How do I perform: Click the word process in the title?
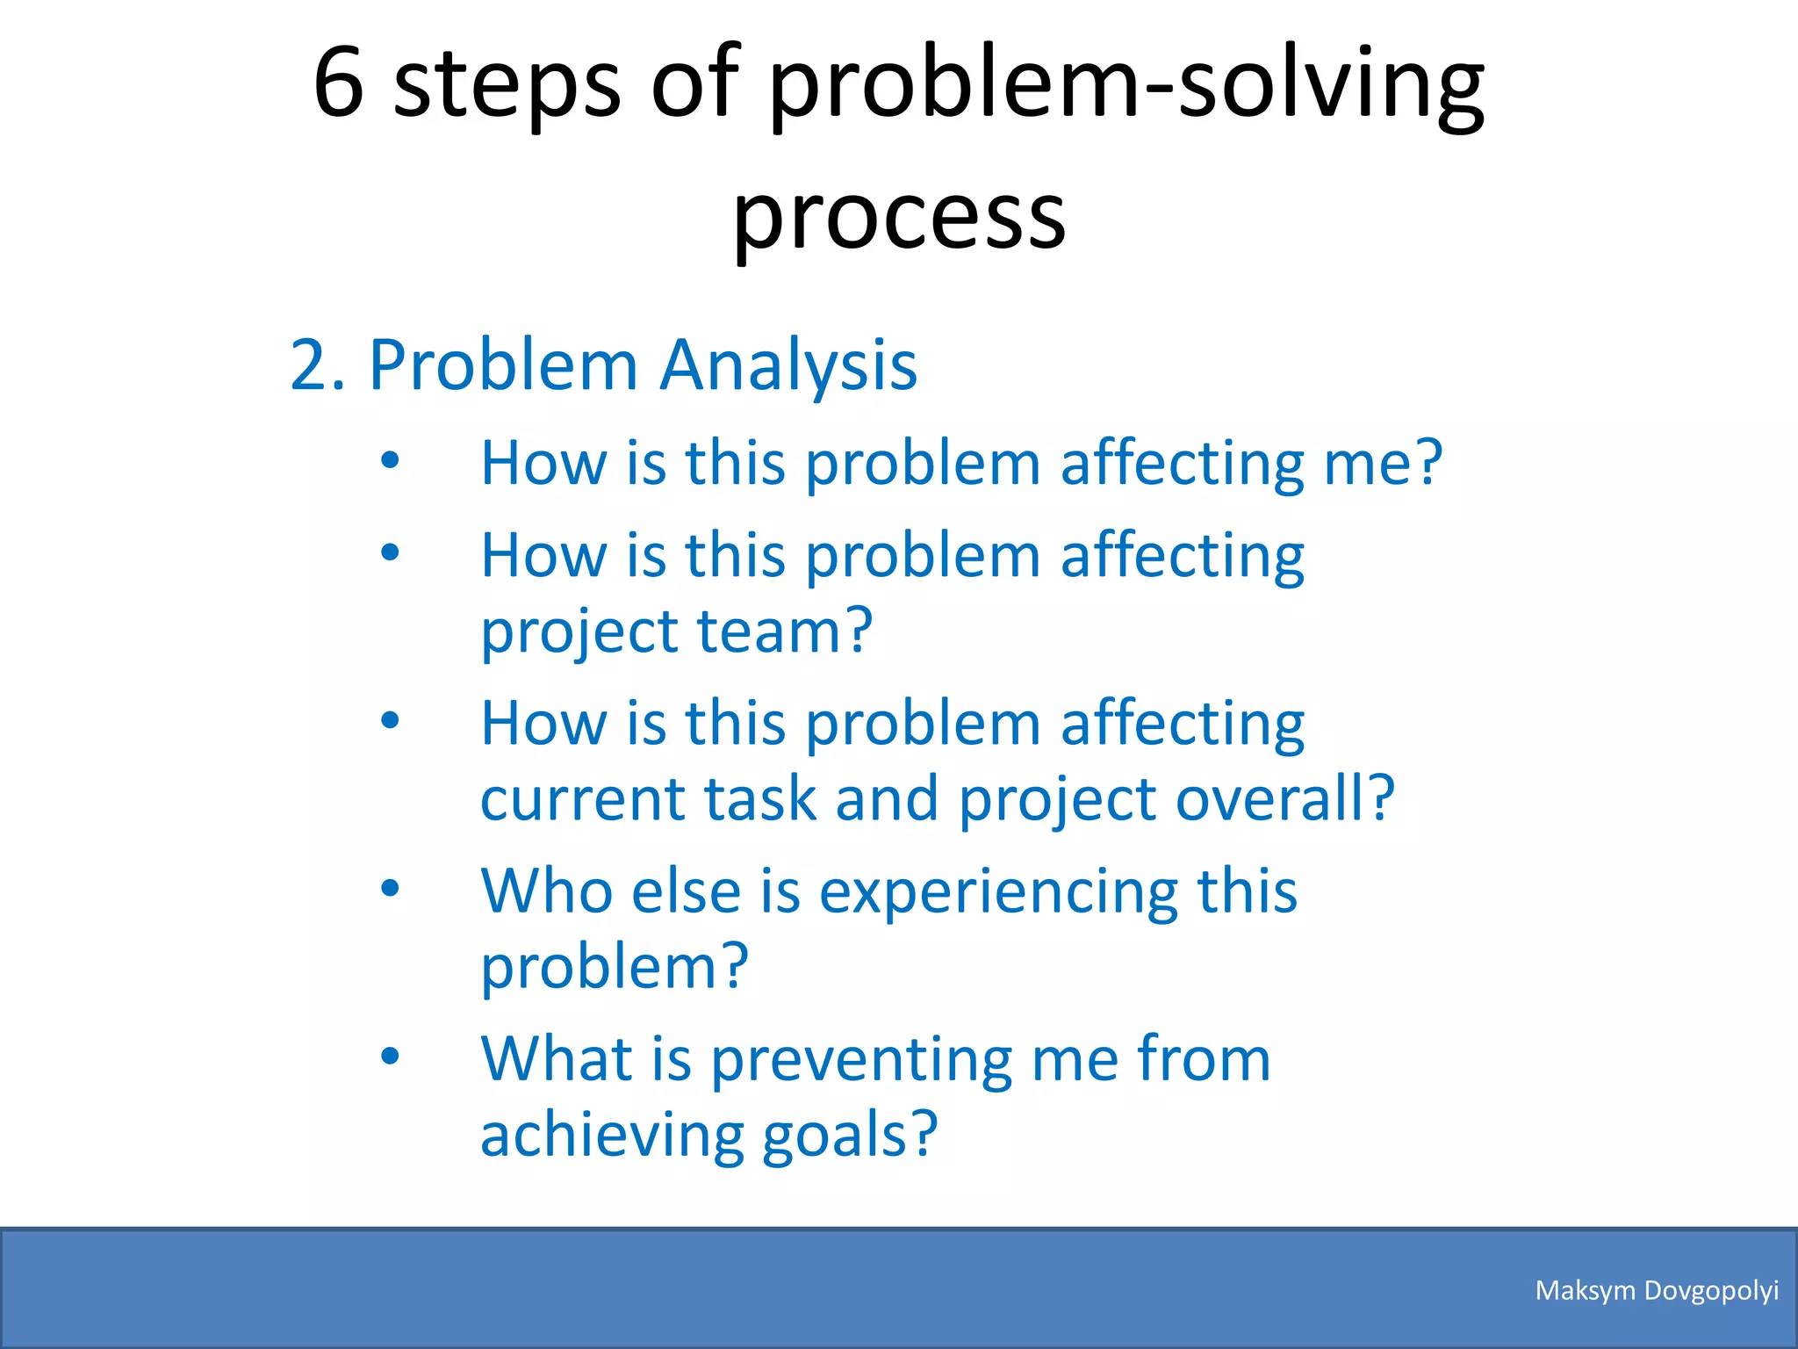(x=899, y=215)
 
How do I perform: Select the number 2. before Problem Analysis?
(x=317, y=364)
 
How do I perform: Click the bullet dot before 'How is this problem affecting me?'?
(x=391, y=460)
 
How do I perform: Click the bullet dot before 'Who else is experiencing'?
(x=391, y=888)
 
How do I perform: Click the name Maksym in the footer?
(x=1585, y=1291)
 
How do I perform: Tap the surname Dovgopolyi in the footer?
(x=1711, y=1291)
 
